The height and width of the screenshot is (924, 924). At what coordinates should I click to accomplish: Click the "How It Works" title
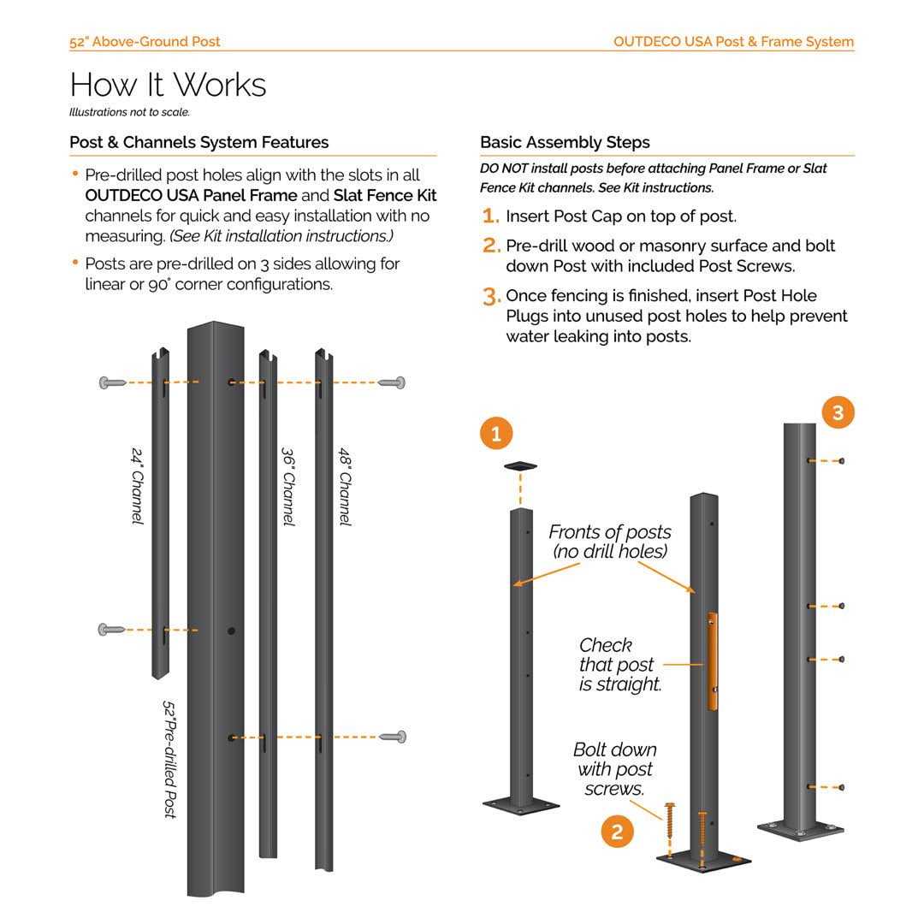click(x=168, y=85)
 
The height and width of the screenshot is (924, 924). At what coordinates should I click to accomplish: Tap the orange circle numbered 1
click(x=495, y=433)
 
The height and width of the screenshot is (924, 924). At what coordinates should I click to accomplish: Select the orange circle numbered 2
click(x=617, y=831)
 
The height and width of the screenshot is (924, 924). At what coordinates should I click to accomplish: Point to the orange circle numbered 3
click(x=838, y=412)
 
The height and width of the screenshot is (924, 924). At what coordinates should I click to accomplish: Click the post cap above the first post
click(x=520, y=466)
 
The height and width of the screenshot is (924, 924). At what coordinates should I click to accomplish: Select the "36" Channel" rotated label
click(x=288, y=485)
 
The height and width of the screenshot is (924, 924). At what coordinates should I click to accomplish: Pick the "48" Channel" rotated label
click(x=344, y=485)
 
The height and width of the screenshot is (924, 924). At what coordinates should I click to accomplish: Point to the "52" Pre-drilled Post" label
click(x=169, y=759)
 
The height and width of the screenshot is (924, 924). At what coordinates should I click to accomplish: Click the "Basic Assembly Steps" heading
click(x=565, y=142)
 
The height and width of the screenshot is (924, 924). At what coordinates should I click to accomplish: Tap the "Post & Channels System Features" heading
click(x=198, y=142)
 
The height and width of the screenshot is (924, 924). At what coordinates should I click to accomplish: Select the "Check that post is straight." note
click(x=619, y=665)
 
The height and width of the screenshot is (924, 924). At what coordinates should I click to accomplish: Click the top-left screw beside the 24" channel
click(x=112, y=382)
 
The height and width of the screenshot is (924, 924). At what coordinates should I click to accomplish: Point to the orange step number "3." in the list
click(x=491, y=297)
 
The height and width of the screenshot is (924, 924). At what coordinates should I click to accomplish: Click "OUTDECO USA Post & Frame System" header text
click(x=733, y=41)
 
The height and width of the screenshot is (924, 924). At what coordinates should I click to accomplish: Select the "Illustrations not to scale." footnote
click(x=129, y=112)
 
